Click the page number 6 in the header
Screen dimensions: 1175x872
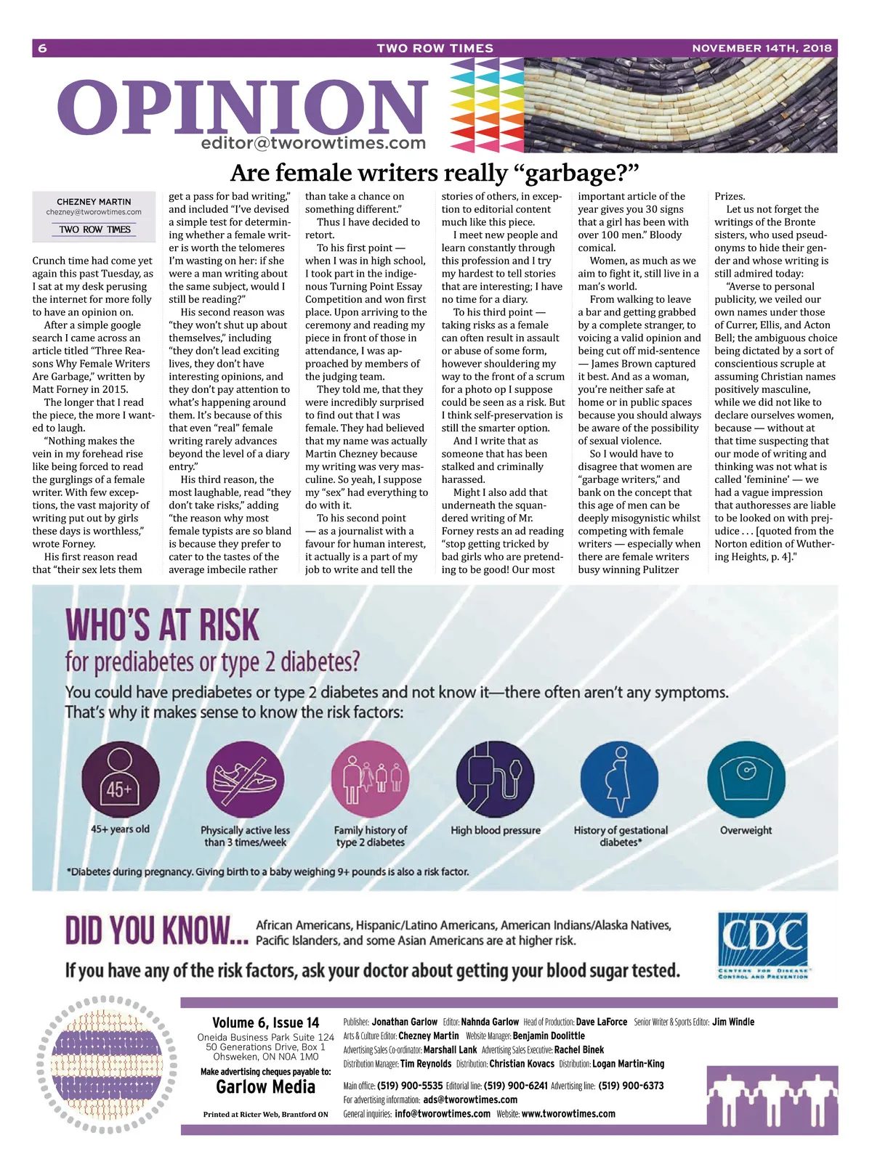point(42,48)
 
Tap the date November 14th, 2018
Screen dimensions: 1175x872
point(762,48)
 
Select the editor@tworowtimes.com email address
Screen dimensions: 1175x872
point(313,143)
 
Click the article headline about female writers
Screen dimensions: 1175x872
point(435,173)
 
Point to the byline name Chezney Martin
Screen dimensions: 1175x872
point(94,202)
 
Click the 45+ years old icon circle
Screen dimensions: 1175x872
point(120,781)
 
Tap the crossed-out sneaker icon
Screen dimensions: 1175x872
point(245,781)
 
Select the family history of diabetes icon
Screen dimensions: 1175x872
point(370,781)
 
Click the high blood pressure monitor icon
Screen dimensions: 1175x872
point(495,781)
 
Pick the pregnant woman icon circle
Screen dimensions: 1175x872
point(620,781)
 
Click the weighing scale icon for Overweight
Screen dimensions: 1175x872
point(745,781)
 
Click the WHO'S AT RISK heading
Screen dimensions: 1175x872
point(162,625)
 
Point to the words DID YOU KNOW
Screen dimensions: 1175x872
point(156,931)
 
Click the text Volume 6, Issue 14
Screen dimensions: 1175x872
point(265,1022)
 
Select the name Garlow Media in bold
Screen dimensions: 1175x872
point(265,1087)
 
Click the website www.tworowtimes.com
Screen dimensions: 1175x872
point(568,1114)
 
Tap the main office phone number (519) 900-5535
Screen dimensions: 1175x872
point(410,1086)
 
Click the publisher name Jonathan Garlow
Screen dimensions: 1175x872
point(405,1022)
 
